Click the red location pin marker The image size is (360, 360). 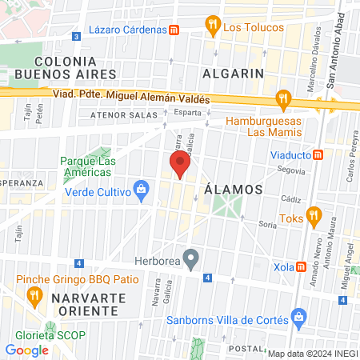[179, 165]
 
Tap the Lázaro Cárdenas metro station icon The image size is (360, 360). [174, 29]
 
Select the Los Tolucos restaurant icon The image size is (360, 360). [212, 26]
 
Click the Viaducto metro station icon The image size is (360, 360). [318, 154]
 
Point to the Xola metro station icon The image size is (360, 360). [302, 266]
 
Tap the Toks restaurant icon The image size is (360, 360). [314, 214]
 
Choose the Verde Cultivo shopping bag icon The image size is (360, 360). [142, 190]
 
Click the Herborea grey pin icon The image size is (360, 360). [190, 258]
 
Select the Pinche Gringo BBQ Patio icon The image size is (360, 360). [34, 296]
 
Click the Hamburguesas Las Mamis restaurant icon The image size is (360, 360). [282, 100]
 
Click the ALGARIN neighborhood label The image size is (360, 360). [234, 73]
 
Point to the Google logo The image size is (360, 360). [27, 350]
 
